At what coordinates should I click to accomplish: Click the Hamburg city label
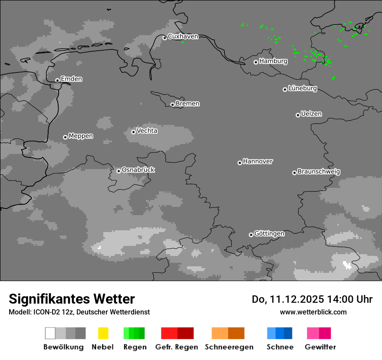[273, 61]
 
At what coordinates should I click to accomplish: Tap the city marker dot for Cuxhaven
[165, 38]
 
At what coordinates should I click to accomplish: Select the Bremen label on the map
[188, 104]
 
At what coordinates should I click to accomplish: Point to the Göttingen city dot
[251, 235]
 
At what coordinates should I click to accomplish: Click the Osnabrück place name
[138, 170]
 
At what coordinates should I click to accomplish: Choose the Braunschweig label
[319, 172]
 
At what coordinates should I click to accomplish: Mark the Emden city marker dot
[57, 80]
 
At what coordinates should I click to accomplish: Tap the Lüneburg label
[303, 88]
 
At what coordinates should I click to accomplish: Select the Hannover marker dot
[240, 163]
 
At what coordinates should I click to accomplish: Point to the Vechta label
[147, 131]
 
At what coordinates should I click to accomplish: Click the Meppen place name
[81, 136]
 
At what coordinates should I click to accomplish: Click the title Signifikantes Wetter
[72, 299]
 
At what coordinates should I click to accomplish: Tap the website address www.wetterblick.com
[313, 312]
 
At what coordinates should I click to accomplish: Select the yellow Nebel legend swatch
[103, 333]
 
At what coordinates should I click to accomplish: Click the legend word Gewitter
[320, 347]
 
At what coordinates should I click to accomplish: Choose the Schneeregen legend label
[229, 347]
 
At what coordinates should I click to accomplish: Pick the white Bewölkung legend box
[50, 333]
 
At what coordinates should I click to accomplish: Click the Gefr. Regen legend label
[176, 347]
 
